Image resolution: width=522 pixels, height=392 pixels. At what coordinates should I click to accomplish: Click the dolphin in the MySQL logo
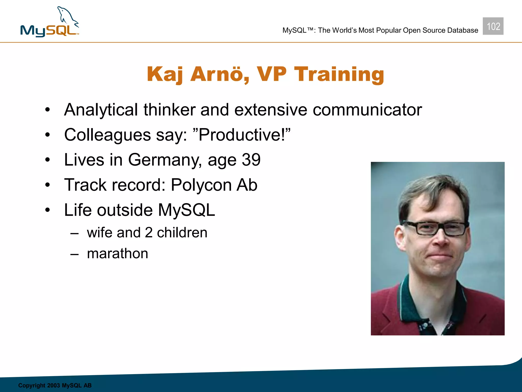click(x=67, y=17)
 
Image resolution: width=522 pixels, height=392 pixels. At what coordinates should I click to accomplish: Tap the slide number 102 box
click(x=493, y=26)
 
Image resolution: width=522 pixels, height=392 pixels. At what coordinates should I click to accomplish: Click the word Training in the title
click(x=339, y=74)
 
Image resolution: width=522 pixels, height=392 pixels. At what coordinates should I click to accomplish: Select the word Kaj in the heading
click(x=165, y=74)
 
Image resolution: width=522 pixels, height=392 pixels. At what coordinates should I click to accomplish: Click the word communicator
click(x=367, y=110)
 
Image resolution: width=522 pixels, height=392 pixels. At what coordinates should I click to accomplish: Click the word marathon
click(x=118, y=254)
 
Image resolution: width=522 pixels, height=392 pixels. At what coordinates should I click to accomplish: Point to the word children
click(x=182, y=233)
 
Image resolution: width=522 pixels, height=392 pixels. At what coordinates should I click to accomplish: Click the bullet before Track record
click(x=48, y=185)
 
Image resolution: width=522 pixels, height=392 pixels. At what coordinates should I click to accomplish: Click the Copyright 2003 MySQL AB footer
click(x=55, y=385)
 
